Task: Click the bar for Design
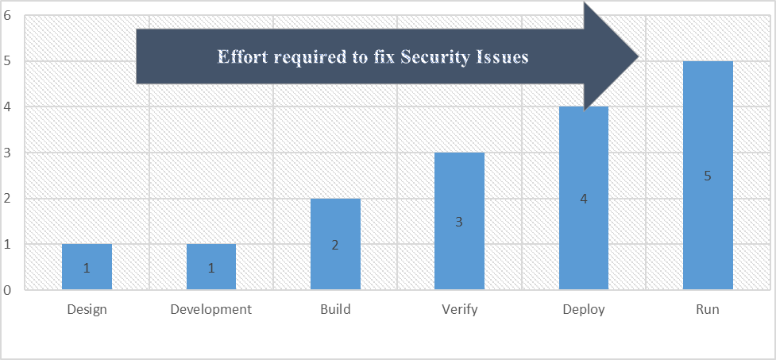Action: coord(87,267)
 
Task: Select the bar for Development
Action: coord(210,267)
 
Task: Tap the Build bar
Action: coord(335,244)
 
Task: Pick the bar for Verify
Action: coord(459,221)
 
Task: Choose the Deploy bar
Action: coord(584,199)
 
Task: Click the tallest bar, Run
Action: coord(708,176)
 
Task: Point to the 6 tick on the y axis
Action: coord(7,15)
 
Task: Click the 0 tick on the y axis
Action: coord(7,290)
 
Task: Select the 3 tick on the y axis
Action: coord(7,153)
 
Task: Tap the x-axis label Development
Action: coord(210,310)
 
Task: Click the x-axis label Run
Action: coord(708,310)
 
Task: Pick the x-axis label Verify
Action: coord(459,310)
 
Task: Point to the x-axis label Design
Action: coord(87,310)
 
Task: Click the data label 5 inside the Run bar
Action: coord(708,176)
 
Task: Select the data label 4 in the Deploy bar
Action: coord(584,199)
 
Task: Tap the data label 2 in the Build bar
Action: coord(335,246)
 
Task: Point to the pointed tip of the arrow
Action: coord(638,56)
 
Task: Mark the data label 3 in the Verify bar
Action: coord(459,223)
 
